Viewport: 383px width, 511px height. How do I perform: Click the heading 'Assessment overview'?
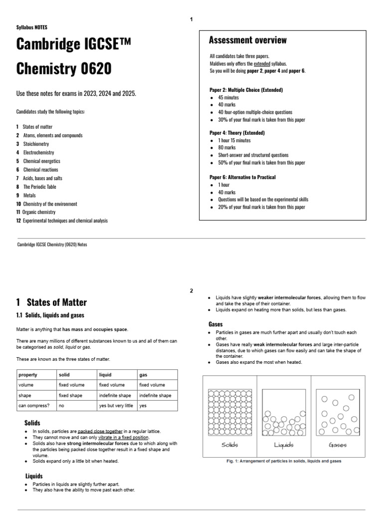click(x=247, y=40)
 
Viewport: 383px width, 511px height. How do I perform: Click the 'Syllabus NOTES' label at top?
click(x=32, y=27)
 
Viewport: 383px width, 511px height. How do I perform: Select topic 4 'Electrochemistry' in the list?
click(x=38, y=152)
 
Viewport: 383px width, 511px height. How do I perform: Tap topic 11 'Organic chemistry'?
click(x=39, y=212)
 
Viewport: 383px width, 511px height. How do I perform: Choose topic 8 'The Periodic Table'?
click(x=39, y=187)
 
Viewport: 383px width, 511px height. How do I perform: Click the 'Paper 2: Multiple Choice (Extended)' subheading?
click(x=246, y=90)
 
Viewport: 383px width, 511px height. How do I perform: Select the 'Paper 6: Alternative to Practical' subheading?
click(x=242, y=177)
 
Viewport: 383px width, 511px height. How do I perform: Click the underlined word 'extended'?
click(x=262, y=63)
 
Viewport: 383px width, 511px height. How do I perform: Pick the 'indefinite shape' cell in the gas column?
click(x=155, y=395)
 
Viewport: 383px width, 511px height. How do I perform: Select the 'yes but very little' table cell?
click(x=116, y=406)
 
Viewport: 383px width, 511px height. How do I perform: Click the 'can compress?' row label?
click(x=32, y=406)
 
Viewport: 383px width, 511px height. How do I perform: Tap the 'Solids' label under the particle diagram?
click(x=229, y=445)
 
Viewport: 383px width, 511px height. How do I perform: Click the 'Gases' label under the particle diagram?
click(x=338, y=445)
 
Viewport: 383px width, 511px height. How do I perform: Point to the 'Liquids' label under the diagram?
click(x=284, y=445)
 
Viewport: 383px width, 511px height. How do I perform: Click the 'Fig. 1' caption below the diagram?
click(x=282, y=461)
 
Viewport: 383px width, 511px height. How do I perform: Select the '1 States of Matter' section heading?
click(x=51, y=302)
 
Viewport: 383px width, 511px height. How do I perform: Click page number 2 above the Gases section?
click(x=191, y=291)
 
